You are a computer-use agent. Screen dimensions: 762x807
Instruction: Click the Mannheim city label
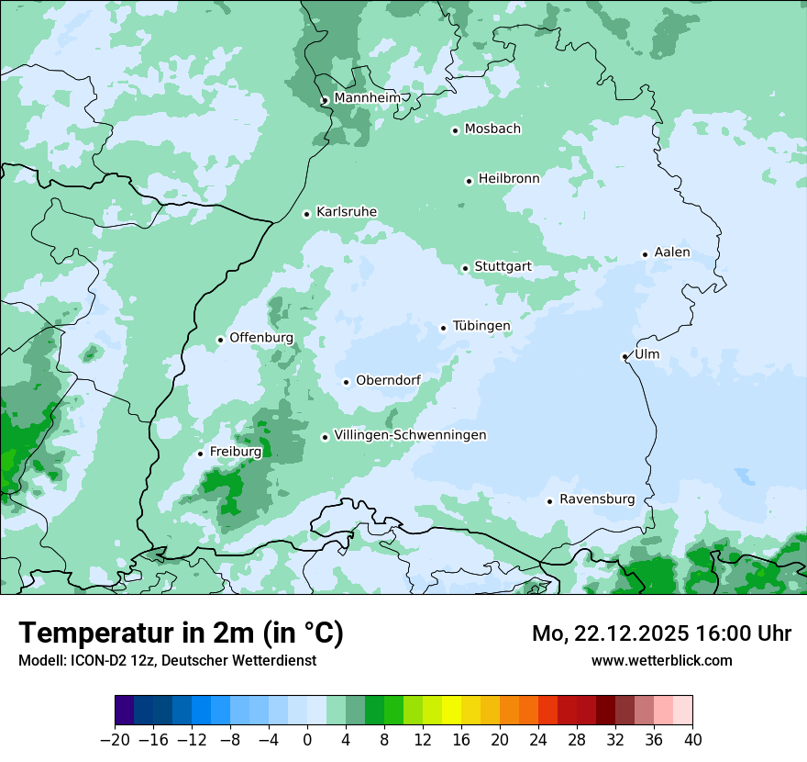coord(367,97)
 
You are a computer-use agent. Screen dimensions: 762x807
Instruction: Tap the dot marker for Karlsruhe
coord(307,214)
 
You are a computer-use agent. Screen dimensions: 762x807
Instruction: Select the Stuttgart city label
coord(503,267)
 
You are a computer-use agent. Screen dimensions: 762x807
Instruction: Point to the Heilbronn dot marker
coord(469,181)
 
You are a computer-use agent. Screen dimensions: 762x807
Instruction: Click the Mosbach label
coord(492,129)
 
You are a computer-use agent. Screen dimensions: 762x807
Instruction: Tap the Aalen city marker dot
coord(645,254)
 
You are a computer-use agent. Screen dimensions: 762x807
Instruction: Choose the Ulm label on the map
coord(647,354)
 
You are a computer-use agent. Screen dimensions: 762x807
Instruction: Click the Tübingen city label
coord(481,326)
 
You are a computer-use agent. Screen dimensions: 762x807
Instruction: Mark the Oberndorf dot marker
coord(346,382)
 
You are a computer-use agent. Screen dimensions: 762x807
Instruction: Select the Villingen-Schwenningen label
coord(410,435)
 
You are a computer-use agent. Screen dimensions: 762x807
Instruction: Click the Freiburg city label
coord(235,452)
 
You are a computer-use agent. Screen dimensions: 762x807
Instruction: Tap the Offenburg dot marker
coord(220,340)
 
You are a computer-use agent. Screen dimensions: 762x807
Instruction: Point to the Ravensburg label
coord(597,499)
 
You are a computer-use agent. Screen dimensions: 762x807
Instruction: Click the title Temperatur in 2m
coord(181,633)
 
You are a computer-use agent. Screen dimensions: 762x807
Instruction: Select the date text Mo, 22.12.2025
coord(612,633)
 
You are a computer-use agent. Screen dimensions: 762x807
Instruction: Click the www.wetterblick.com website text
coord(661,660)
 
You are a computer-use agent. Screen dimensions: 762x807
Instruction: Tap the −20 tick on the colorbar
coord(115,740)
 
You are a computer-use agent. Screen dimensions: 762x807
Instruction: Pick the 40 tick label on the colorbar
coord(692,740)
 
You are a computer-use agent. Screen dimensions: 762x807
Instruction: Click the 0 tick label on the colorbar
coord(307,740)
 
